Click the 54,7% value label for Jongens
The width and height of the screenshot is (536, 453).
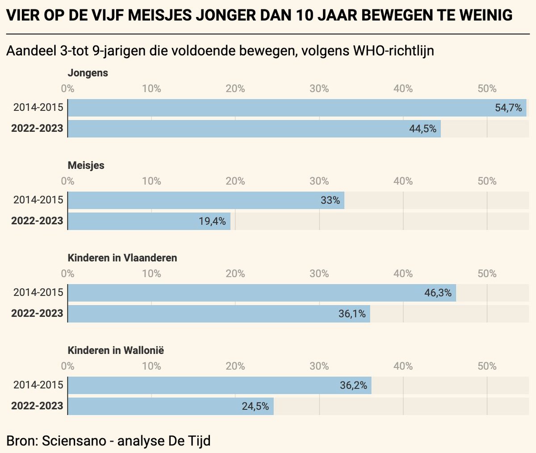tap(508, 108)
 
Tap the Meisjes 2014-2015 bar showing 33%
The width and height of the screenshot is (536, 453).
tap(205, 200)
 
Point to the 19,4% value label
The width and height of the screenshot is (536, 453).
tap(212, 221)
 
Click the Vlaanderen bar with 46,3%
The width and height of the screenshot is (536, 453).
tap(261, 293)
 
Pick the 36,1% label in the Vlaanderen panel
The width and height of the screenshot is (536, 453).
tap(352, 314)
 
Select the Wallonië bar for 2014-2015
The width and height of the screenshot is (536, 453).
tap(219, 385)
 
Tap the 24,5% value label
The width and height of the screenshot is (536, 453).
tap(255, 406)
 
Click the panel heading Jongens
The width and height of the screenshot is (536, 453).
tap(88, 73)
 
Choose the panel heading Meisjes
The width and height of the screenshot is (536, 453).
tap(86, 165)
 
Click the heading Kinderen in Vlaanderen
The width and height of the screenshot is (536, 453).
tap(122, 258)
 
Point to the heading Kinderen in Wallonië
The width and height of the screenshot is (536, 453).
tap(116, 350)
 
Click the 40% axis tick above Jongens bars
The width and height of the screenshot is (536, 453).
tap(403, 88)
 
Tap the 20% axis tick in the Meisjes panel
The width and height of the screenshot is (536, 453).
tap(235, 181)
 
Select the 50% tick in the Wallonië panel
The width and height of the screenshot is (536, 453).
tap(487, 366)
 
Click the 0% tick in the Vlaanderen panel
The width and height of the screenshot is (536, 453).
tap(68, 273)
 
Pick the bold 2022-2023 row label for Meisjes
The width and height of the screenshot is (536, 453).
tap(37, 221)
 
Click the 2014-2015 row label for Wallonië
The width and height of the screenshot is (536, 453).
tap(38, 385)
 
